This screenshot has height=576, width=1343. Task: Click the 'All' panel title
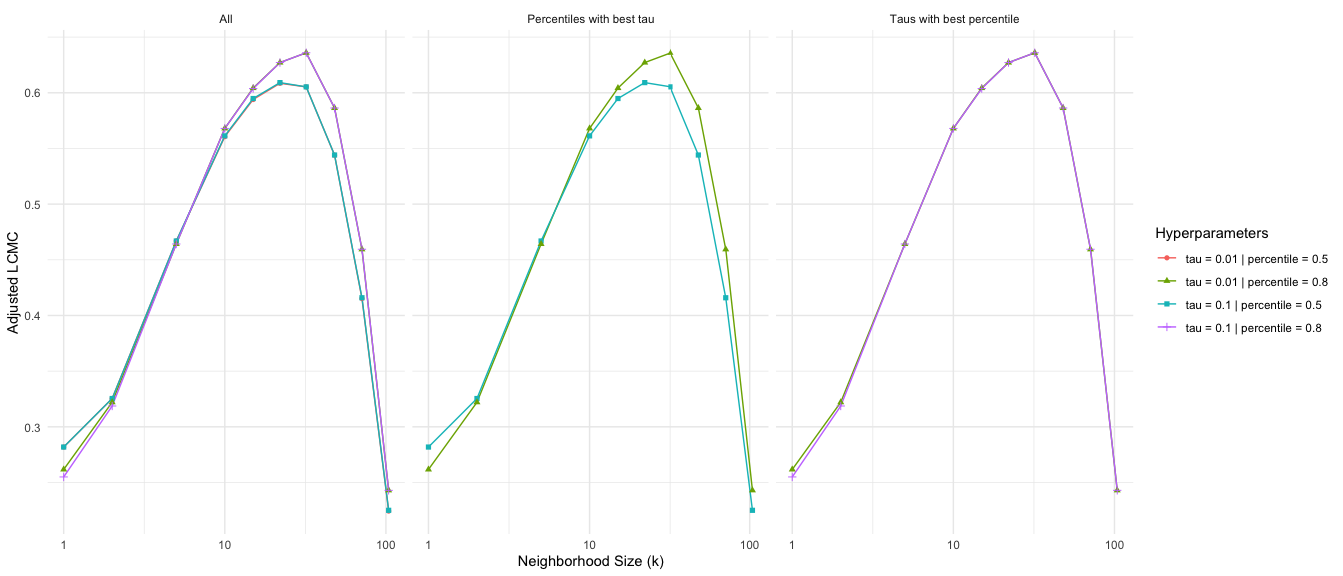point(225,19)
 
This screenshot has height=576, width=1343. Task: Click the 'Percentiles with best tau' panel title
point(589,19)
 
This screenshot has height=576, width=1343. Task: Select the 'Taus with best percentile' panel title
point(953,19)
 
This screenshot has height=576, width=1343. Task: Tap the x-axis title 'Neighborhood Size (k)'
point(590,561)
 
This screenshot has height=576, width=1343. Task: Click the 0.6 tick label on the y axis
point(32,93)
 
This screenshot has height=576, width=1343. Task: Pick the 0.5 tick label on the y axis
point(32,205)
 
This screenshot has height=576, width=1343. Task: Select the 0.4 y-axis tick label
point(32,316)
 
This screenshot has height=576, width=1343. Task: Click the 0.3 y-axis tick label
point(32,428)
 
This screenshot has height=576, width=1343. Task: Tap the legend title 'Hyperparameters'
point(1211,233)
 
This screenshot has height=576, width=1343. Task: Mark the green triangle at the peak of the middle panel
point(671,52)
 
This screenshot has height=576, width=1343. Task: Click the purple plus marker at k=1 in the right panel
point(793,476)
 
